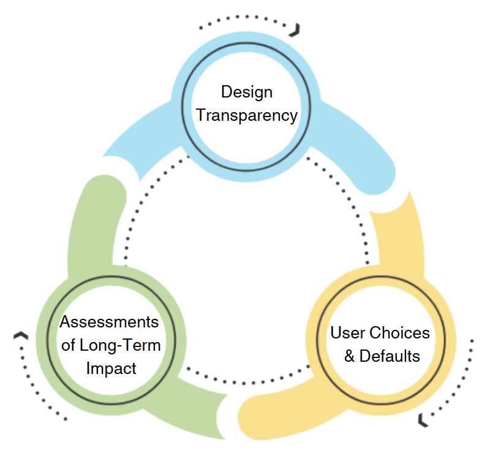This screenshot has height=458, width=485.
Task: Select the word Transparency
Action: (x=247, y=115)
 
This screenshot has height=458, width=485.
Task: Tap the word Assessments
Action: (x=110, y=323)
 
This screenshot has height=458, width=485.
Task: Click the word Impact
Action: (x=111, y=368)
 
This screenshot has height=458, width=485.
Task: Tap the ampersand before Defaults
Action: (x=349, y=356)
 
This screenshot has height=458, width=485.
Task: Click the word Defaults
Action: (x=389, y=356)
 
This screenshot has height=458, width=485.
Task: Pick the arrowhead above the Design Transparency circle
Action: (x=296, y=29)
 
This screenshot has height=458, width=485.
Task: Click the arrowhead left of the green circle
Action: (x=21, y=335)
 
